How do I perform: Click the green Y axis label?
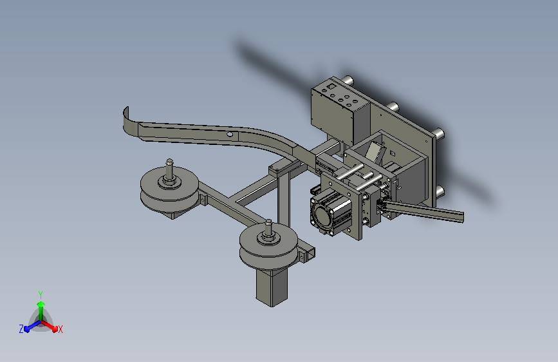click(x=41, y=294)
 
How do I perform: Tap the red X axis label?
click(x=60, y=329)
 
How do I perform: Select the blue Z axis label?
click(x=21, y=329)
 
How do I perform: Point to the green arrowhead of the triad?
click(x=41, y=305)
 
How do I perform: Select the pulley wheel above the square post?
click(x=268, y=246)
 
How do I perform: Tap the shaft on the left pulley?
click(x=169, y=171)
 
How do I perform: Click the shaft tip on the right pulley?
click(x=268, y=222)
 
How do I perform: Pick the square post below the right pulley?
click(x=272, y=287)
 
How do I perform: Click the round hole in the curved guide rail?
click(x=230, y=135)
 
